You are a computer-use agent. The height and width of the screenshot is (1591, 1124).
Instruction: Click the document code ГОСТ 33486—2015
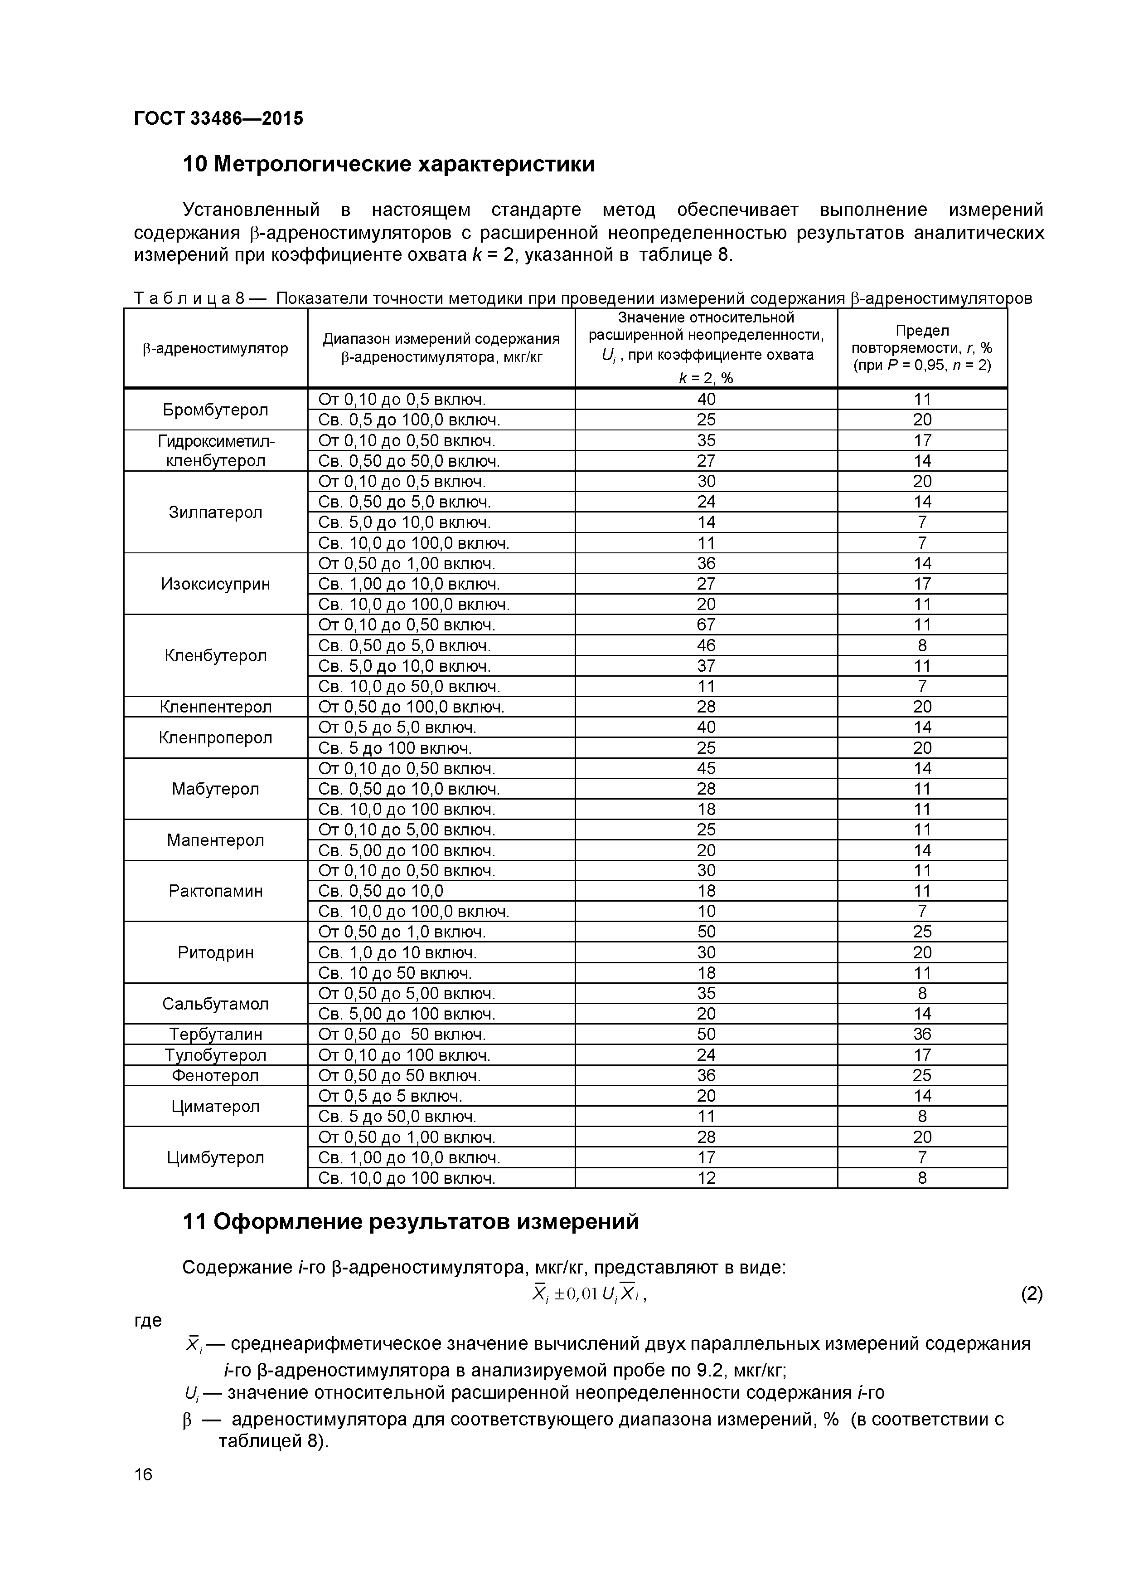click(x=218, y=118)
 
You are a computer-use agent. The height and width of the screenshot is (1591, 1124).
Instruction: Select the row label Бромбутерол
click(x=215, y=410)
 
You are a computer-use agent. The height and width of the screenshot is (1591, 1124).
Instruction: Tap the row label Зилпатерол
click(x=215, y=512)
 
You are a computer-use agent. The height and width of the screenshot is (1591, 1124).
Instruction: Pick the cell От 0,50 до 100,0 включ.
click(x=411, y=707)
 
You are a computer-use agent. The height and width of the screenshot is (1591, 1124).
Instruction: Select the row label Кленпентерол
click(x=215, y=707)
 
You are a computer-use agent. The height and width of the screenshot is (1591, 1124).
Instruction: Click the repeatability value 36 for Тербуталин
click(x=922, y=1035)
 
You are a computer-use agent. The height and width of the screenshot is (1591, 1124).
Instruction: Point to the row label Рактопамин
click(x=215, y=891)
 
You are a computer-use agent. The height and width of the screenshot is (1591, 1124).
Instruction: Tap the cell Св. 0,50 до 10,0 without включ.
click(x=380, y=891)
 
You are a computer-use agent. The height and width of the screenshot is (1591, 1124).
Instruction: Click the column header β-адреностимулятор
click(x=215, y=348)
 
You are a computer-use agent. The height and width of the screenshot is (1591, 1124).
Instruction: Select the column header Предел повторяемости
click(x=922, y=348)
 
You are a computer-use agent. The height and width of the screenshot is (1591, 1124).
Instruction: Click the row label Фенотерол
click(x=215, y=1075)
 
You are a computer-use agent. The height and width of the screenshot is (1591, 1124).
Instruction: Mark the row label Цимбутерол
click(x=215, y=1158)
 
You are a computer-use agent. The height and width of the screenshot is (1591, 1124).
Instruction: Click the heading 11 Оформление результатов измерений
click(x=410, y=1222)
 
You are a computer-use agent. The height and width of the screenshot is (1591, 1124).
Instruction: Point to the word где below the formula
click(x=147, y=1320)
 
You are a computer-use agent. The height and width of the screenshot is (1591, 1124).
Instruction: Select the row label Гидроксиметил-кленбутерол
click(x=215, y=450)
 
